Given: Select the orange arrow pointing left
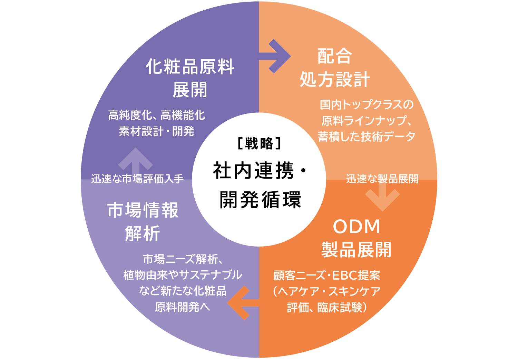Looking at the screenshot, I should (242, 303).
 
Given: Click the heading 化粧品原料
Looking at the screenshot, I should (190, 67).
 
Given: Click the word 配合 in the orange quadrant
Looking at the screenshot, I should (334, 56).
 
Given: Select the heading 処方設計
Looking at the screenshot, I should (334, 80).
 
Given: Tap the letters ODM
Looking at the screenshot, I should (356, 227).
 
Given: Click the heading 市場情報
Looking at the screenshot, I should (143, 210).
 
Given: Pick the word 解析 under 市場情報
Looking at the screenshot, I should (143, 234).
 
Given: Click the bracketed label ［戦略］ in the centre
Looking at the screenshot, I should (259, 143).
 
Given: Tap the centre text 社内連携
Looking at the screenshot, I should (254, 171).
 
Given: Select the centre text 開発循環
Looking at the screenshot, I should (261, 199).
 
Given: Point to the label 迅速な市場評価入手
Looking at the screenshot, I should (137, 179).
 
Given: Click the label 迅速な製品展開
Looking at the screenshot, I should (382, 179).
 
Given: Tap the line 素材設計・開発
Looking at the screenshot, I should (156, 131).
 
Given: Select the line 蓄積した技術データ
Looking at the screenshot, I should (366, 137).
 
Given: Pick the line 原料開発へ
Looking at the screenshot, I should (182, 307).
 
